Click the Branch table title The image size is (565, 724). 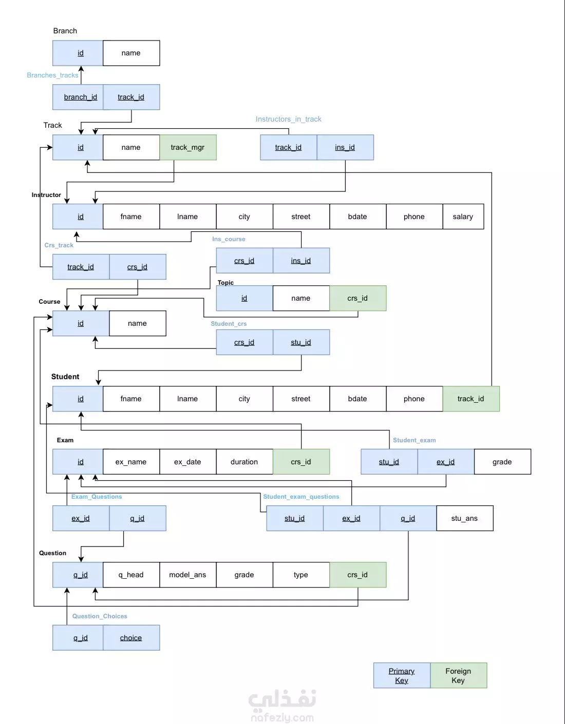65,31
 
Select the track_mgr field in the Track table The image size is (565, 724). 188,147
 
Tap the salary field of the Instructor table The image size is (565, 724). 463,217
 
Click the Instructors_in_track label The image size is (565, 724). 289,119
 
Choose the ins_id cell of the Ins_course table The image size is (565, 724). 301,261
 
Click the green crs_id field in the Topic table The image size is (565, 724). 358,298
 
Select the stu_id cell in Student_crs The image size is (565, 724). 301,342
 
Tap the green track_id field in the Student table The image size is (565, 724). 471,399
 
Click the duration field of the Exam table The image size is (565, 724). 244,462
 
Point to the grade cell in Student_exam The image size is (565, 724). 502,462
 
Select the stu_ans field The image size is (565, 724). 465,518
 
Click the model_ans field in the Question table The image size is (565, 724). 188,575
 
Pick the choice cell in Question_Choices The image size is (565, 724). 131,638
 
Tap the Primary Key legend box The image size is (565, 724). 402,675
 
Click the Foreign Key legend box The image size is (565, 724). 459,675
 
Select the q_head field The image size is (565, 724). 131,575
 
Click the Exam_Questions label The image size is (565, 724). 97,497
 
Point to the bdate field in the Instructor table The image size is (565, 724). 358,217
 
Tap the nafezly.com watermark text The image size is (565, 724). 282,717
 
